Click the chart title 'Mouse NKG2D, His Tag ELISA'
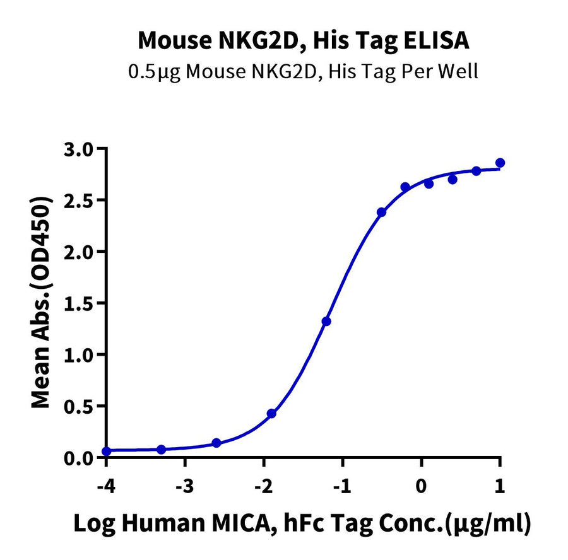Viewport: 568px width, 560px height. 303,40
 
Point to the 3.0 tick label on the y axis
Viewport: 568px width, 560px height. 82,149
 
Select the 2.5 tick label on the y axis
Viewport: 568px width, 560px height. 82,201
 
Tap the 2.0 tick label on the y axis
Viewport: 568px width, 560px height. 82,252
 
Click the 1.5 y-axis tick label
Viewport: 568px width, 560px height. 82,303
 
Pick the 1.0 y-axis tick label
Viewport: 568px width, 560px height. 82,355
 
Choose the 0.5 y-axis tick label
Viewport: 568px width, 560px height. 82,406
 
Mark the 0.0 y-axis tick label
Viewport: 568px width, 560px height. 82,458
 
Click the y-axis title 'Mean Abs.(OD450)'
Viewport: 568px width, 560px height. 42,303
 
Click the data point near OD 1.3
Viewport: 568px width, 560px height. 326,322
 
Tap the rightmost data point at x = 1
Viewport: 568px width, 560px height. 500,163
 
